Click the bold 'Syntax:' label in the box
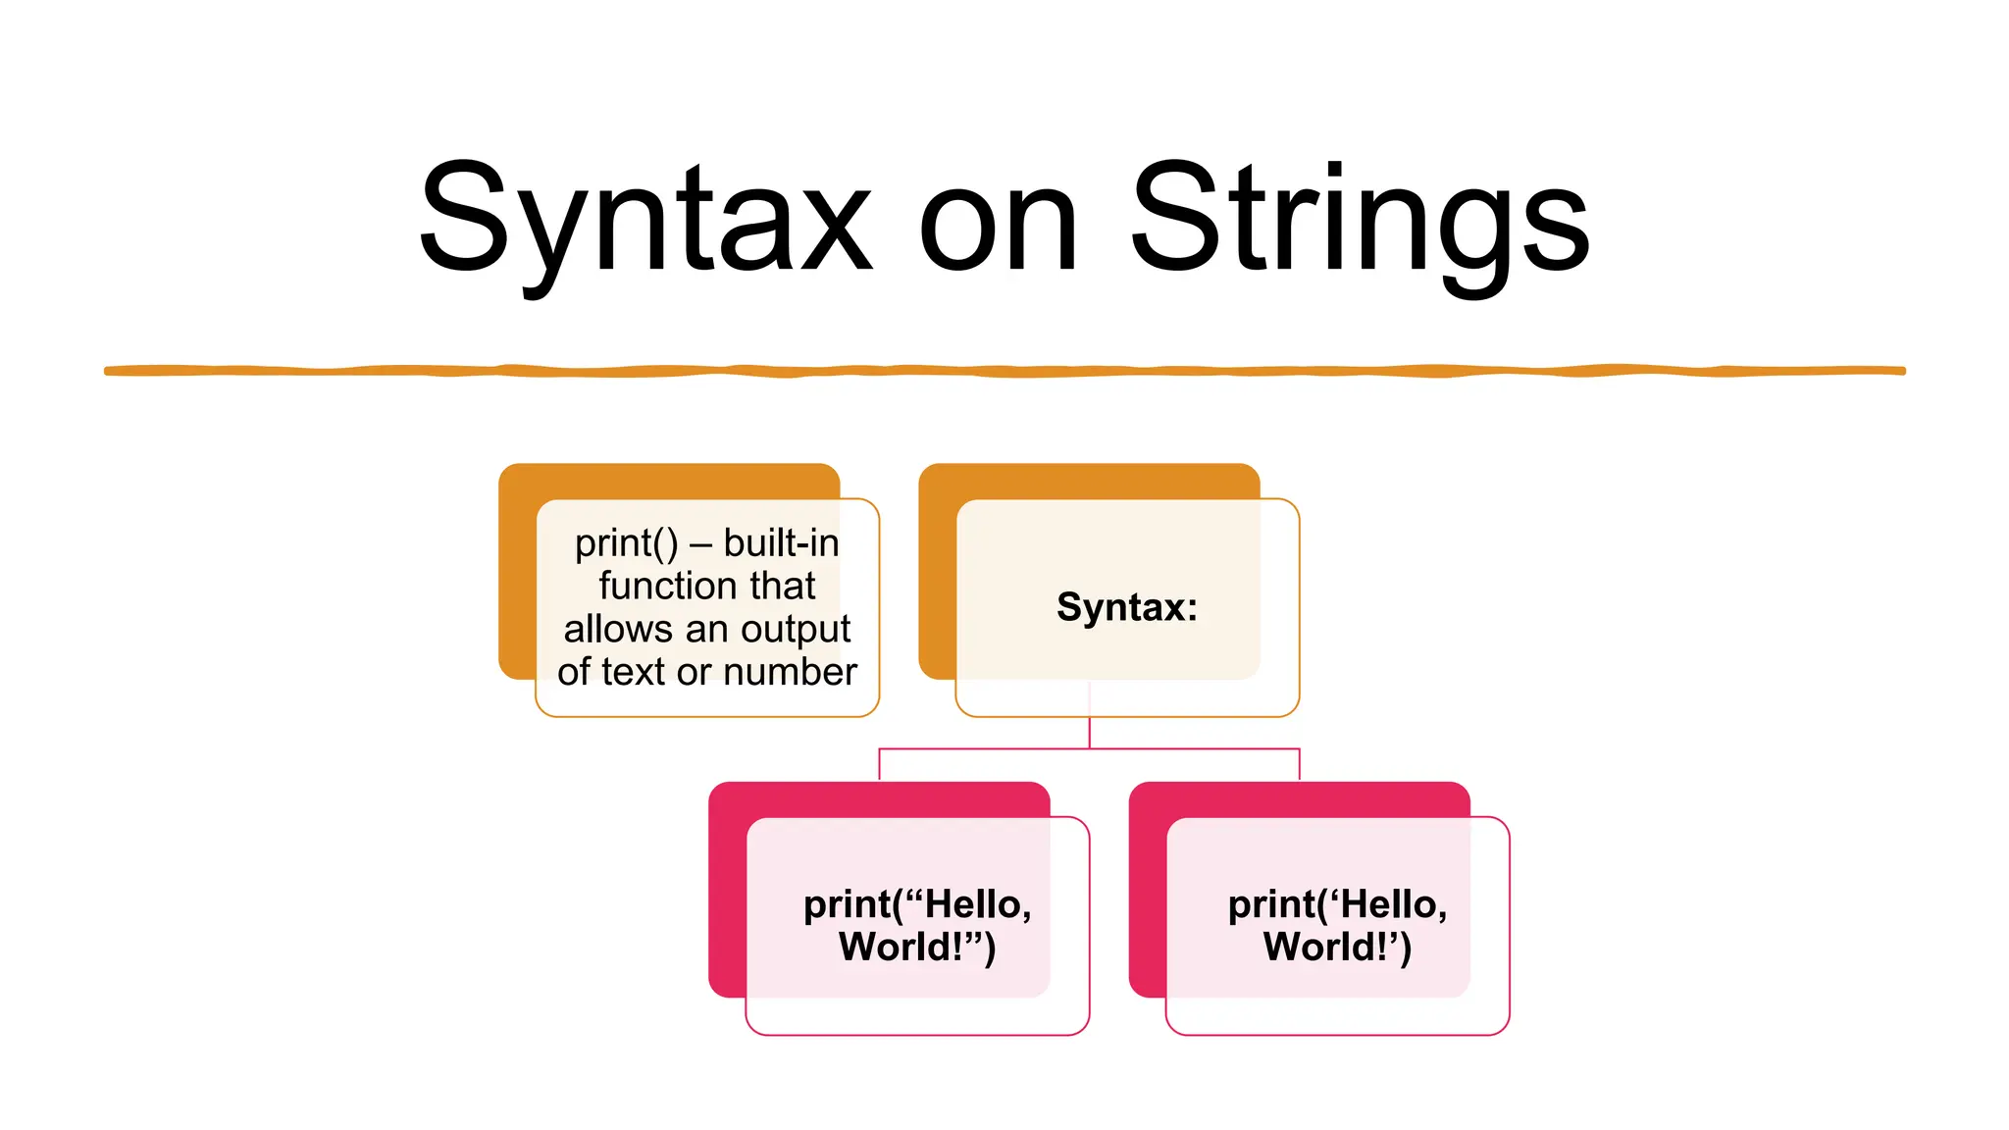(x=1127, y=607)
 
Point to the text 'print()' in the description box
(x=626, y=543)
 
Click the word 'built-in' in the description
(x=782, y=542)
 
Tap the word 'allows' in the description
(x=618, y=629)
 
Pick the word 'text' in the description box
(x=634, y=672)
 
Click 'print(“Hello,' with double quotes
(x=917, y=904)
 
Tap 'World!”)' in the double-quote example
(x=917, y=948)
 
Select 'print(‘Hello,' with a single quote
(x=1337, y=904)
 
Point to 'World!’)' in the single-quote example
(x=1337, y=948)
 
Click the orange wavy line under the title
(x=1004, y=371)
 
